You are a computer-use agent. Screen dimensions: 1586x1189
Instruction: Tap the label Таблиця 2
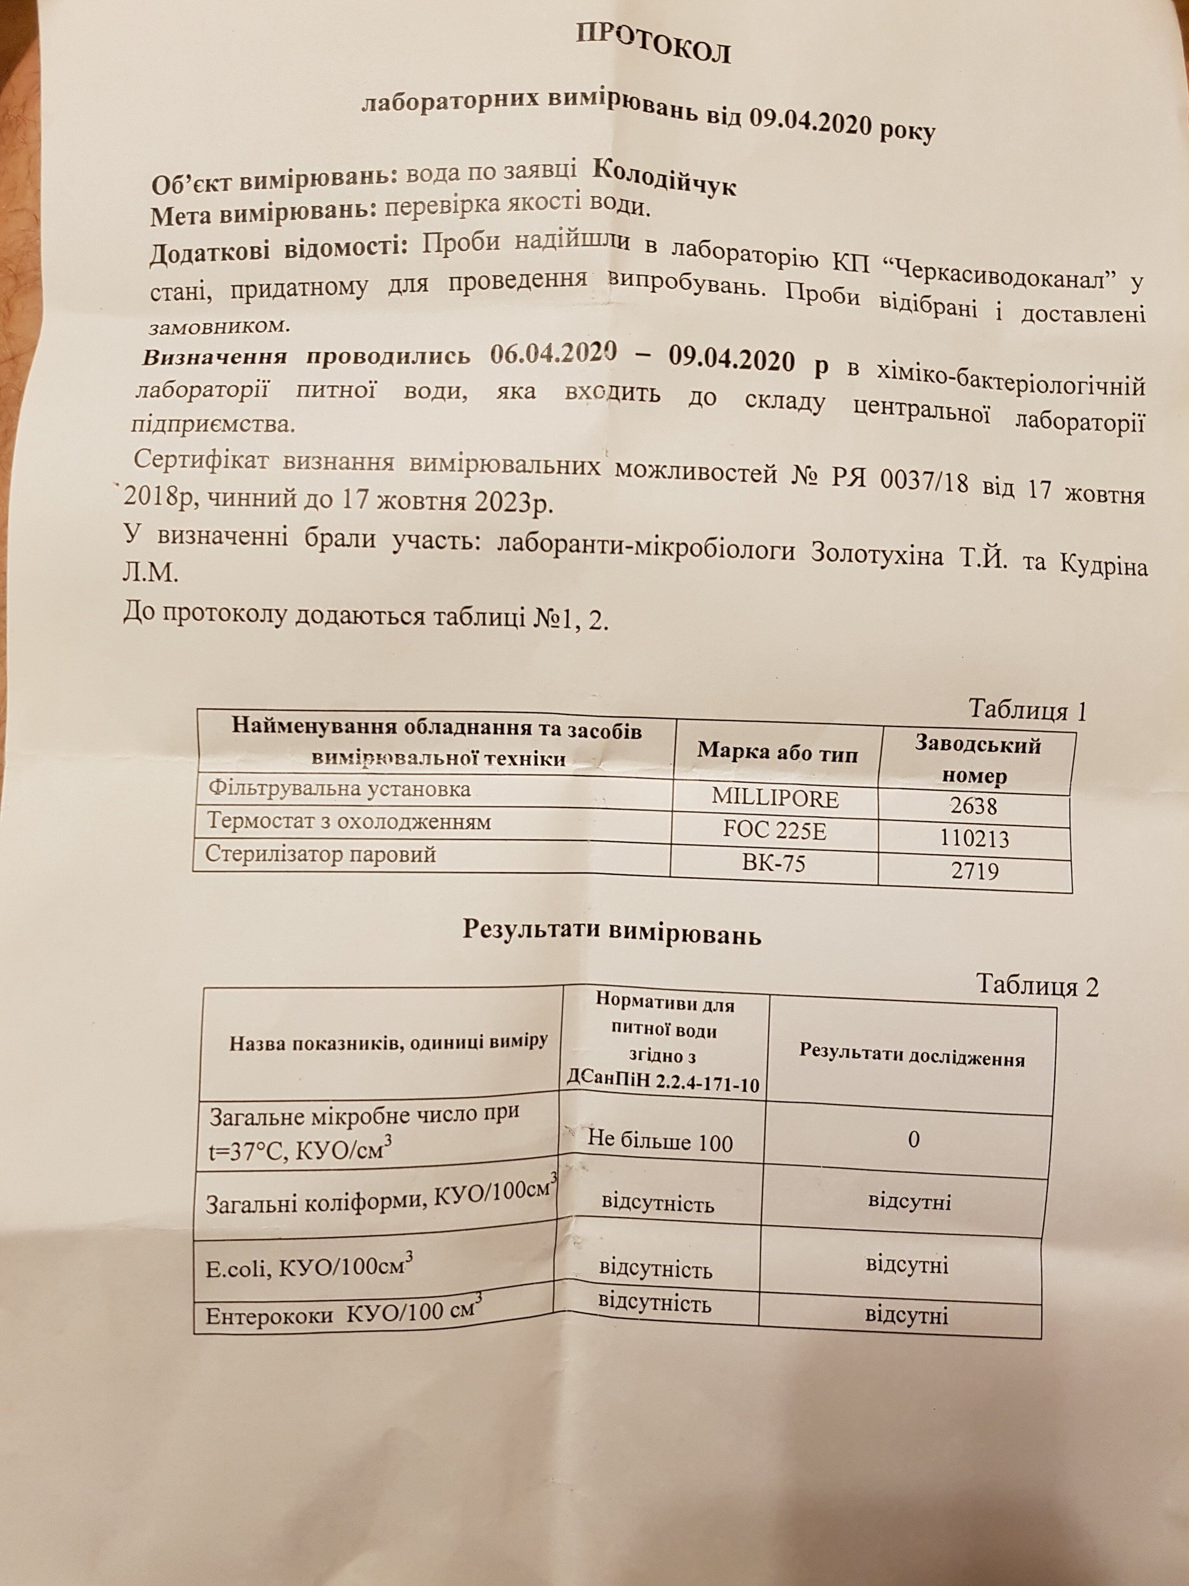point(1037,986)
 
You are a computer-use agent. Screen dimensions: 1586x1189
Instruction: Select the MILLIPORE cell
point(774,798)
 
